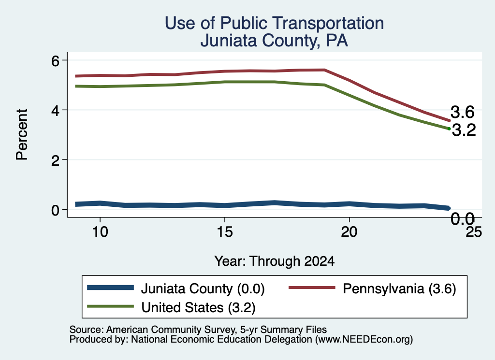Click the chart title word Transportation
(328, 23)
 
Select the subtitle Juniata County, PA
(274, 41)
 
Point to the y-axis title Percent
(22, 135)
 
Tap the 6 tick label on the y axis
(55, 61)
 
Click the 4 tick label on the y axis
(55, 111)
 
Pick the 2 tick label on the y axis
(55, 160)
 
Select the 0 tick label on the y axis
(55, 210)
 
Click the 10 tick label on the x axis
(100, 232)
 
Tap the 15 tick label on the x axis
(225, 232)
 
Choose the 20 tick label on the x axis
(349, 232)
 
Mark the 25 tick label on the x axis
(474, 232)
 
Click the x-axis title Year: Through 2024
(275, 261)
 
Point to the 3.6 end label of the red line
(462, 112)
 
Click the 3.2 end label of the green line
(464, 130)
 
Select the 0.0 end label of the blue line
(463, 219)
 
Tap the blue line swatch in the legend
(111, 288)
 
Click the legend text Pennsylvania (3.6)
(399, 289)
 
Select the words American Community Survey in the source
(171, 330)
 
